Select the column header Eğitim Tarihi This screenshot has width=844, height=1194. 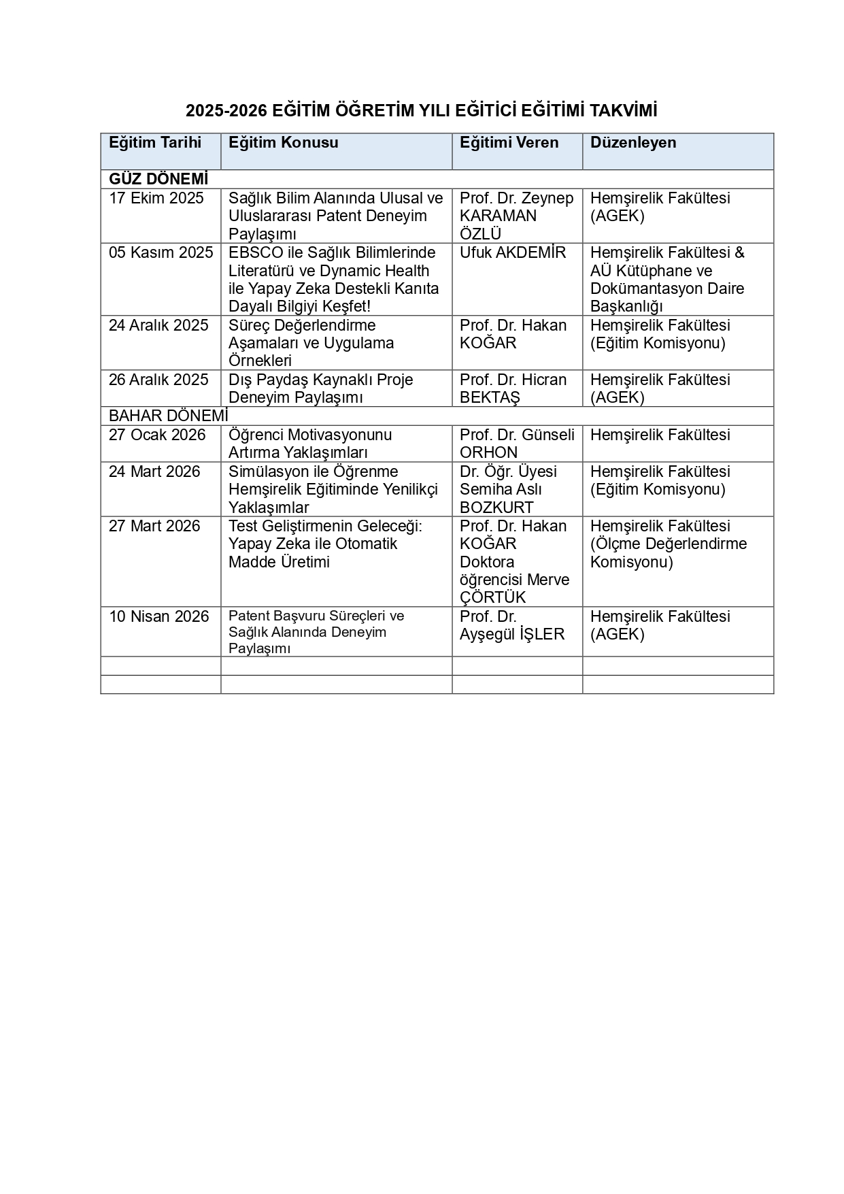pos(155,143)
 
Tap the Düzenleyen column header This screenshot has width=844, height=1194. pos(633,143)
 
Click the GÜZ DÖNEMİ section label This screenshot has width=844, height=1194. pos(158,180)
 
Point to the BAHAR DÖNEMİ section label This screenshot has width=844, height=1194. pos(169,416)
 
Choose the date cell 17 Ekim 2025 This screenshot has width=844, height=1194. pos(156,199)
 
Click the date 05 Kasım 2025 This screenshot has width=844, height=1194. pos(161,253)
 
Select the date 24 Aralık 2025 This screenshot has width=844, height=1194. pos(158,326)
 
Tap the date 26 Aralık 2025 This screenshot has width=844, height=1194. pos(158,380)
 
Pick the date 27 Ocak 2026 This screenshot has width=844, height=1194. pos(157,435)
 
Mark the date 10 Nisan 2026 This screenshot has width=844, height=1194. pos(159,617)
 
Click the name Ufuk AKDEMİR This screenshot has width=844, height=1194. pos(513,253)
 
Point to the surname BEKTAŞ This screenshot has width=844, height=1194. pos(490,398)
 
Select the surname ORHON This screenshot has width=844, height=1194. pos(488,453)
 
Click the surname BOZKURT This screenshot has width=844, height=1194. pos(496,508)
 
